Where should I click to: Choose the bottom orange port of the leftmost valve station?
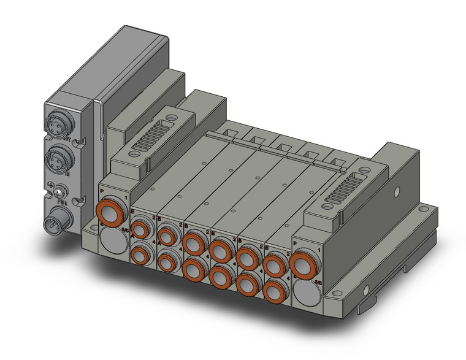pos(140,253)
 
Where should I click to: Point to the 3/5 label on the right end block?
pos(318,281)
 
